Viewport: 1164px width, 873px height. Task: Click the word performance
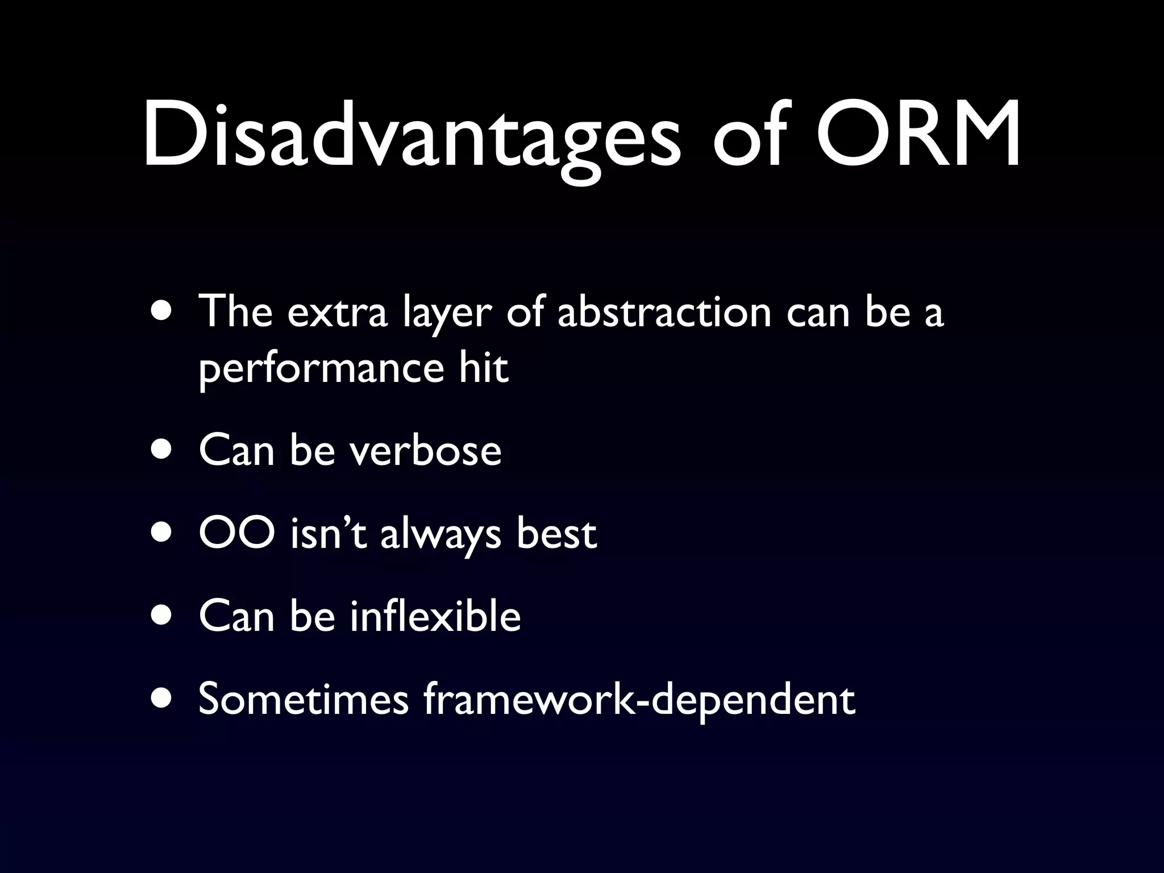click(321, 369)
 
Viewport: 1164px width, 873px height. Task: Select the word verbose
click(425, 451)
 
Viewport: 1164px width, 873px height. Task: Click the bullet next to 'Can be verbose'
click(164, 450)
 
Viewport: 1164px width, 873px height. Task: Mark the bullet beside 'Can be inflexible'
click(164, 617)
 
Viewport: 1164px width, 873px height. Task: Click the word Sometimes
click(303, 699)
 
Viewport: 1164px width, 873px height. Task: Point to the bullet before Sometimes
click(164, 700)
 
